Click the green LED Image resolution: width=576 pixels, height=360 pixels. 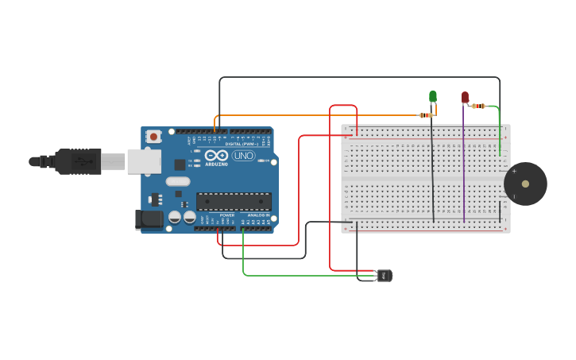[x=433, y=97]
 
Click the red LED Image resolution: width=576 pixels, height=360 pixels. [x=465, y=97]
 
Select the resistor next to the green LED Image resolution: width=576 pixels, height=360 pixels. [x=427, y=115]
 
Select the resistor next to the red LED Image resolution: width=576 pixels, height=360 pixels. [x=478, y=106]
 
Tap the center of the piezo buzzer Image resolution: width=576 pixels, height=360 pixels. [x=525, y=184]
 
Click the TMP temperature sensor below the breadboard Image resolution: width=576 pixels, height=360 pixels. [x=385, y=276]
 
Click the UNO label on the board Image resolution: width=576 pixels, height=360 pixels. [x=243, y=156]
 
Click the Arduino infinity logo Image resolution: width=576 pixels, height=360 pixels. [x=217, y=156]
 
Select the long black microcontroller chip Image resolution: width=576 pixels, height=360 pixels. [x=234, y=201]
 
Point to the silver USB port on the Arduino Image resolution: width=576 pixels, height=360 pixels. [x=144, y=161]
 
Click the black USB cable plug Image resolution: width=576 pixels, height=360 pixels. [x=79, y=161]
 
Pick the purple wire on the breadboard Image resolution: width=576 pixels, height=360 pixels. [x=464, y=167]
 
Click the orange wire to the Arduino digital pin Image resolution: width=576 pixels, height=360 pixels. [x=318, y=115]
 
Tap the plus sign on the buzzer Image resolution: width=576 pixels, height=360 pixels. [x=514, y=171]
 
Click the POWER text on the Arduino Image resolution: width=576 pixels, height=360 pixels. [x=227, y=215]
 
